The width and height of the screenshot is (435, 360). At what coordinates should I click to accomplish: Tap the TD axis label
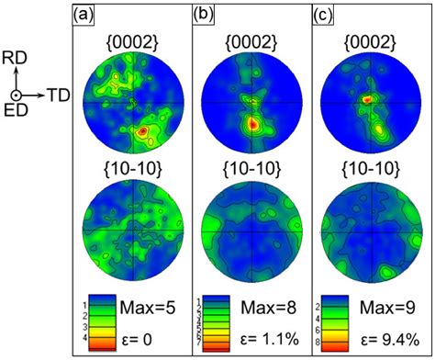58,95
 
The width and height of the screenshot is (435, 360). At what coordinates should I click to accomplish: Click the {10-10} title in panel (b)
250,169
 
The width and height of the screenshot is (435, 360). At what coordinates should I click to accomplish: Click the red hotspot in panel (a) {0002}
142,133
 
